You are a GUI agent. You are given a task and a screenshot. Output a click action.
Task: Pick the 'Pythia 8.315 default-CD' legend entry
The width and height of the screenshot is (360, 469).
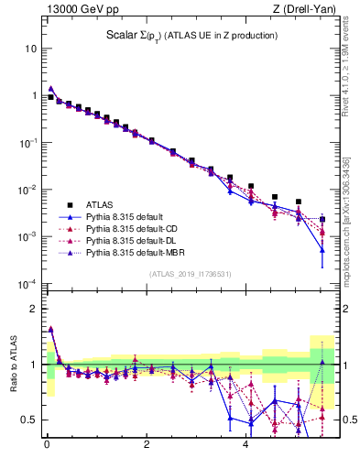point(136,228)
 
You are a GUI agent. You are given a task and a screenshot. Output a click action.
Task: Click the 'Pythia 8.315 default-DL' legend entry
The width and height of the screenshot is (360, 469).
point(136,240)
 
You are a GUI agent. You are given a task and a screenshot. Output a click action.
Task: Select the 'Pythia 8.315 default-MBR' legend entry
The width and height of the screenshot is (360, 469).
point(138,252)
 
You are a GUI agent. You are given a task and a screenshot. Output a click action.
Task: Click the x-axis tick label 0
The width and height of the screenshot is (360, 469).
point(48,449)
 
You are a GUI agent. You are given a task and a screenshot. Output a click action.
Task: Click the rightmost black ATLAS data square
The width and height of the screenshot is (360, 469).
point(322,219)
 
